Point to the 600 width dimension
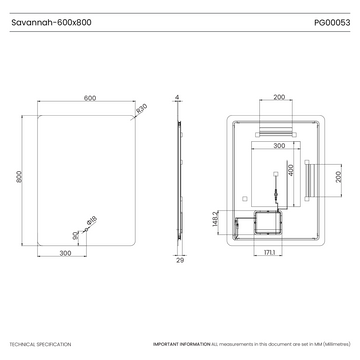click(89, 98)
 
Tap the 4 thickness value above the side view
click(176, 98)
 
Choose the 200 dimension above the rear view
click(278, 98)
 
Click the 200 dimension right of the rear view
click(338, 176)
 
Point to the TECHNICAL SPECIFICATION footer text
click(40, 343)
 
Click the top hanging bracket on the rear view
click(278, 132)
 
